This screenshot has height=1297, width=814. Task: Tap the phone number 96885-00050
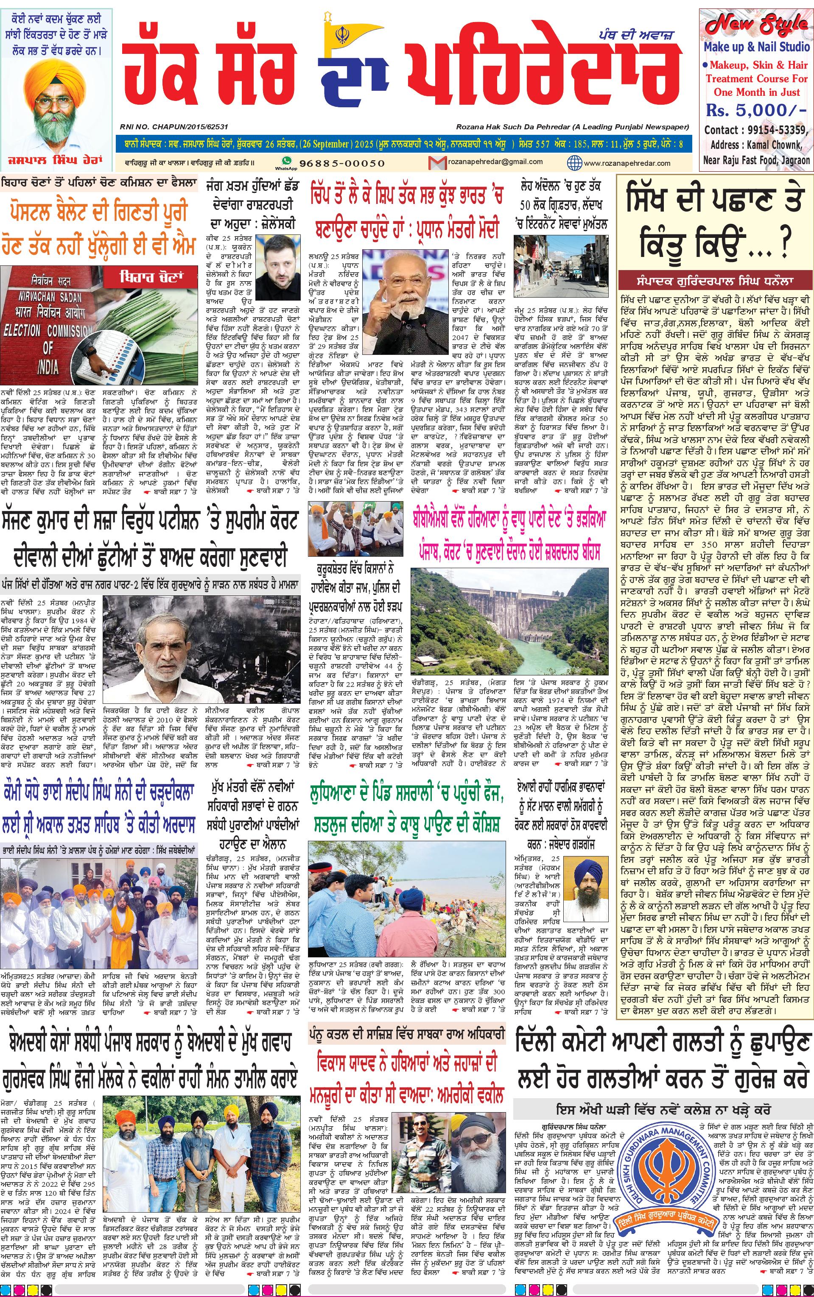tap(342, 163)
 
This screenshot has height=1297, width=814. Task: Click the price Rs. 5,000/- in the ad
tap(756, 110)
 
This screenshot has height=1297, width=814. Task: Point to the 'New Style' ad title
tap(756, 24)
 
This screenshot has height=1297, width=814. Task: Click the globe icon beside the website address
tap(574, 162)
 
